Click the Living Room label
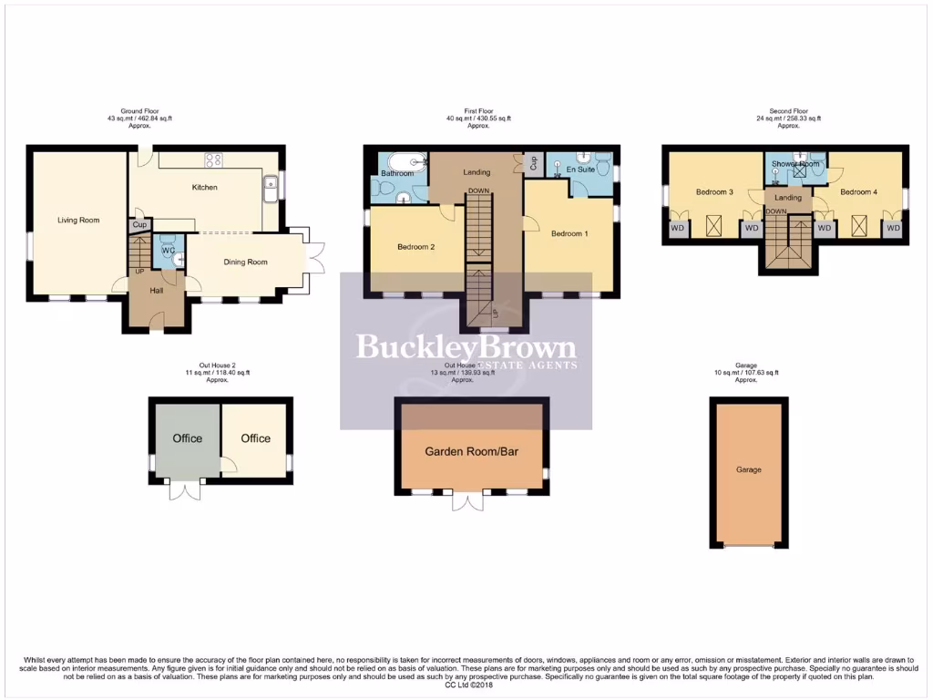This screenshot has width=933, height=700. (78, 220)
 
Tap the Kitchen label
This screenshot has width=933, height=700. (204, 188)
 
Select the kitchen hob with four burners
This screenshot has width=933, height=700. (215, 160)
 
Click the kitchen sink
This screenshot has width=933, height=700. (271, 187)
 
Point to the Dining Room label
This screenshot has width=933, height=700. (246, 262)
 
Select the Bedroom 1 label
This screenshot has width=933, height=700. (569, 233)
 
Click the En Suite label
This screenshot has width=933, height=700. (580, 170)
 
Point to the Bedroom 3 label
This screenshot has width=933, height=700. (714, 192)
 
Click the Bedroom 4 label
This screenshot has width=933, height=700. (858, 192)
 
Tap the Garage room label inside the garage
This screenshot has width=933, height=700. (749, 469)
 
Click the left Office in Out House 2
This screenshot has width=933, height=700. (188, 438)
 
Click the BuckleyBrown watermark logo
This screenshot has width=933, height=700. (466, 347)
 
